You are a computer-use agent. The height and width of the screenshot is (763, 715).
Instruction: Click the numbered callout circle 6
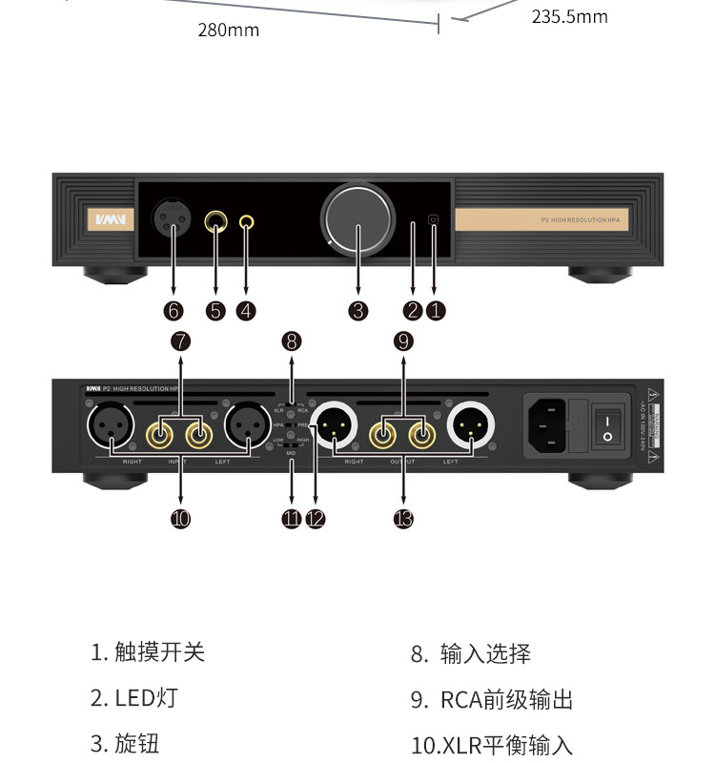[x=173, y=310]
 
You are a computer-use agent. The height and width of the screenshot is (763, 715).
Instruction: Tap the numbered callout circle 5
[x=215, y=310]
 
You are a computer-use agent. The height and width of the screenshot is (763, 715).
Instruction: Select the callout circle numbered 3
[x=357, y=310]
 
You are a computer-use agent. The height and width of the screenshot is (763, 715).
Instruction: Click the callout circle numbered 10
[x=181, y=518]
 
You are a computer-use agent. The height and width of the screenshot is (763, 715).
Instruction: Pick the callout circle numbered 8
[x=292, y=340]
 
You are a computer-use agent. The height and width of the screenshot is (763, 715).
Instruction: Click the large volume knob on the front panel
[x=357, y=220]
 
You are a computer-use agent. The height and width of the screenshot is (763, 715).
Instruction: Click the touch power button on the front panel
[x=434, y=220]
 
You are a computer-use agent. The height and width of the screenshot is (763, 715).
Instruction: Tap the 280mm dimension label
[x=229, y=31]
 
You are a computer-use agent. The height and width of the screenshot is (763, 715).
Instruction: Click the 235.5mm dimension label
[x=569, y=16]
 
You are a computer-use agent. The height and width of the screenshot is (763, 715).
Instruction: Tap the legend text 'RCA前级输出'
[x=506, y=700]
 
